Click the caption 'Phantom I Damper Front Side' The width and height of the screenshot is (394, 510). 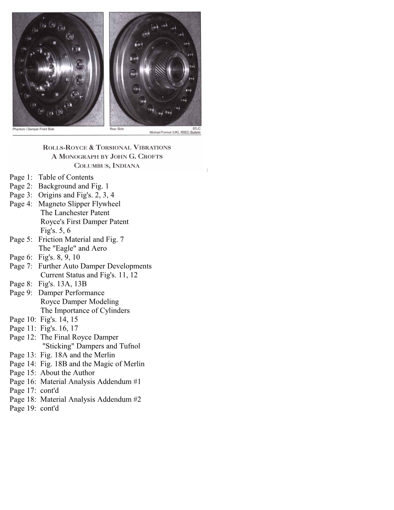(33, 129)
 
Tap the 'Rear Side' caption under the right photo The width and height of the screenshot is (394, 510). (117, 129)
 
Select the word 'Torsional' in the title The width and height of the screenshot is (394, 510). (117, 147)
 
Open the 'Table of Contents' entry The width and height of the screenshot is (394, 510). (66, 177)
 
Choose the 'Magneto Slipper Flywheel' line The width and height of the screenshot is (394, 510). (79, 204)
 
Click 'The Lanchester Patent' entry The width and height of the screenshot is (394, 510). (75, 213)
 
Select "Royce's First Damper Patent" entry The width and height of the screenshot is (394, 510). (84, 222)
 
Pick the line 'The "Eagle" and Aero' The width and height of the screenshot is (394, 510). (73, 248)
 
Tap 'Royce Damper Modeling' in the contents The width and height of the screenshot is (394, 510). (80, 302)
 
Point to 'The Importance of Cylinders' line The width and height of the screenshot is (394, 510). (85, 311)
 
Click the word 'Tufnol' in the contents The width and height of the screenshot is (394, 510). (129, 346)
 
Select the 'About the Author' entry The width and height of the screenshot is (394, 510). (67, 373)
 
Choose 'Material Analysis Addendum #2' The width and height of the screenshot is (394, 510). (90, 399)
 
